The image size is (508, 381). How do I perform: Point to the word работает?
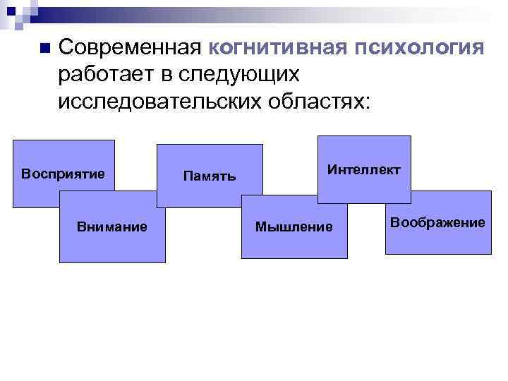(x=104, y=74)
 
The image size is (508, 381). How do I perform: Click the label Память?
(x=209, y=176)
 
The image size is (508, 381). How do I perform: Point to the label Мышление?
(x=294, y=226)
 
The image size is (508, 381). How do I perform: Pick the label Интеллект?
(x=364, y=170)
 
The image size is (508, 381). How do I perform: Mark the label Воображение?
(x=438, y=222)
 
